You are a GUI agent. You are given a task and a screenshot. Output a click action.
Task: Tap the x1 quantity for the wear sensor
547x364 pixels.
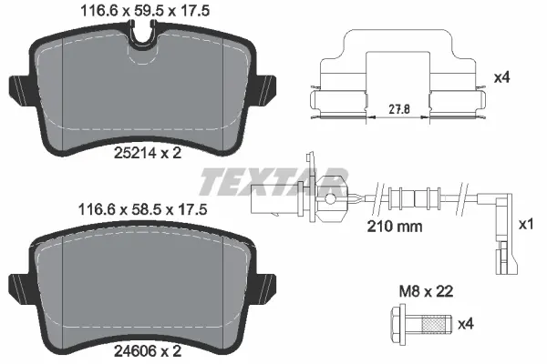[524, 224]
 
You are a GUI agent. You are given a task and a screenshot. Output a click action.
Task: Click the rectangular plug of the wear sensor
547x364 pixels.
[274, 197]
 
